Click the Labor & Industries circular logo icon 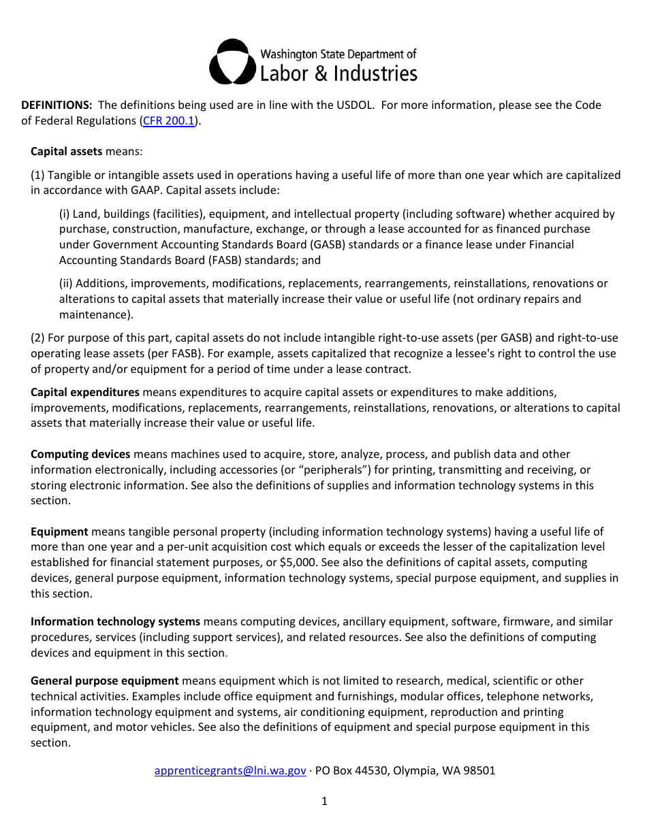(233, 62)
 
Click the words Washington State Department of (338, 54)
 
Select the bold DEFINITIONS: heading (57, 105)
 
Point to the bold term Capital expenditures (85, 392)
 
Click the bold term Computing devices (80, 454)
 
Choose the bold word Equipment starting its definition (59, 531)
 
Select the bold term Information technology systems (115, 621)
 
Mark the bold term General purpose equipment (104, 680)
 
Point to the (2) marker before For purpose (37, 338)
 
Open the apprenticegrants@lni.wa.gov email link (230, 770)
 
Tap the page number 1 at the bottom (324, 801)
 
